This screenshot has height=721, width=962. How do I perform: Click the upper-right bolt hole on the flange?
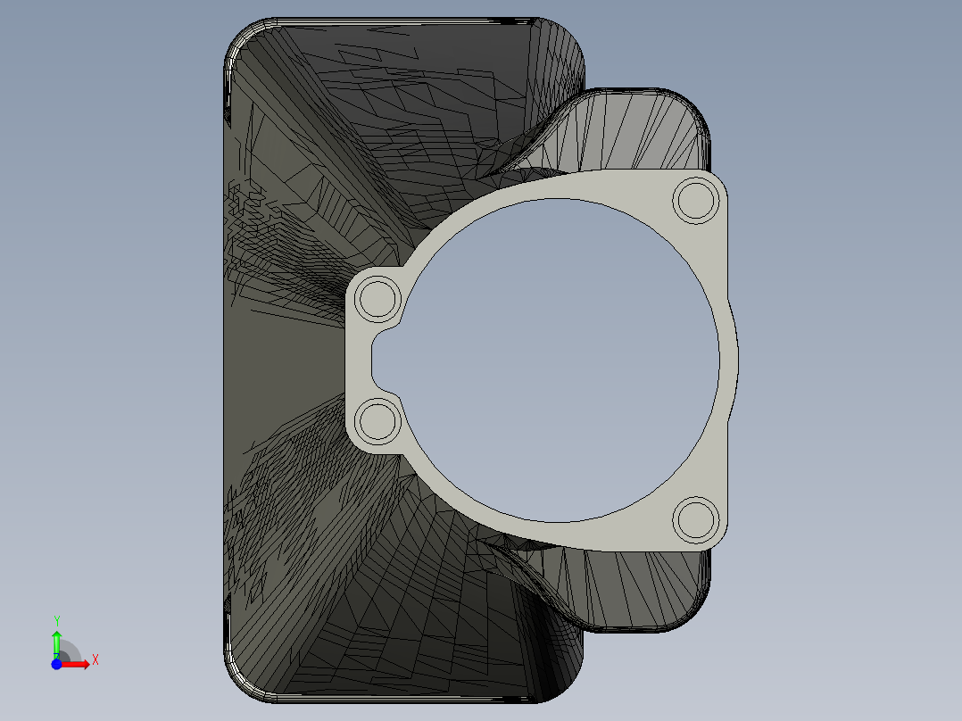(696, 200)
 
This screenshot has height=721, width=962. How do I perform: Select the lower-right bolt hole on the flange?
(695, 519)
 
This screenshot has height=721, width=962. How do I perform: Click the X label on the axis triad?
(95, 659)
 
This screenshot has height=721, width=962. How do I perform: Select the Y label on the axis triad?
(56, 620)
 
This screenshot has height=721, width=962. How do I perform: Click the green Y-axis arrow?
(56, 641)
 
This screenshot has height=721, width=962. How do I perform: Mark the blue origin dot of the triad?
(56, 664)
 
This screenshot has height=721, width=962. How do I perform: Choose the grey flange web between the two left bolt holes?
(356, 360)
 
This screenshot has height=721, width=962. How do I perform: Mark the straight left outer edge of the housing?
(224, 357)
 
